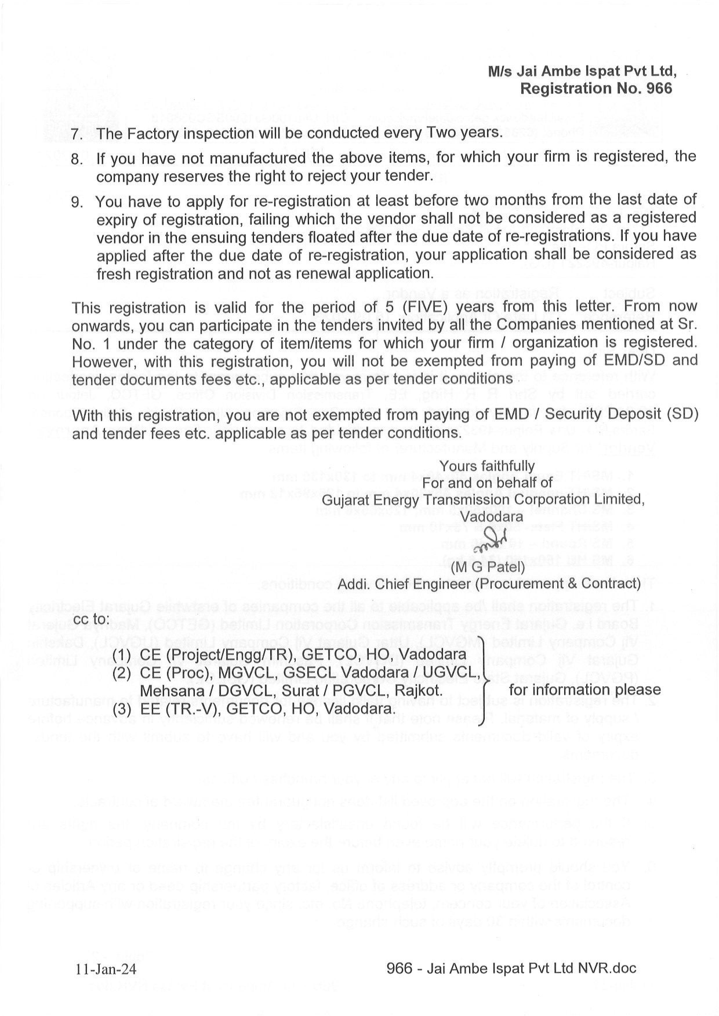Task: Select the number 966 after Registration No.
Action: pyautogui.click(x=659, y=88)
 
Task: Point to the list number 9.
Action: pyautogui.click(x=77, y=202)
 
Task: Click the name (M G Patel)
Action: pyautogui.click(x=488, y=566)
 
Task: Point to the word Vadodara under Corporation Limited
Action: pyautogui.click(x=491, y=517)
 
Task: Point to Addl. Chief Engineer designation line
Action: pyautogui.click(x=489, y=584)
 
